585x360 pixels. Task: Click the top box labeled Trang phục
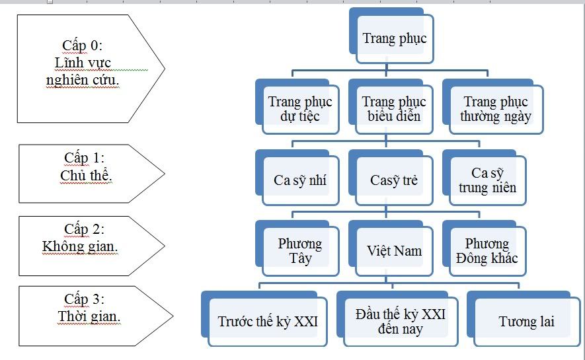[x=395, y=38]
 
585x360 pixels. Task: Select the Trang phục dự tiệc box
[x=300, y=109]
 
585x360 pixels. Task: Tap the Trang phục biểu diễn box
[x=394, y=109]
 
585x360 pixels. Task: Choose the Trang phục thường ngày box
[x=495, y=109]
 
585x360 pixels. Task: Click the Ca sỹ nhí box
[x=300, y=180]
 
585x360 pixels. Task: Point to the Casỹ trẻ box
[x=394, y=180]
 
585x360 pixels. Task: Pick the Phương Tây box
[x=300, y=250]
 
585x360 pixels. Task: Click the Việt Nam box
[x=394, y=251]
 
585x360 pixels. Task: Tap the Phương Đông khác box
[x=487, y=250]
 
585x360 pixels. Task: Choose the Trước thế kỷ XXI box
[x=268, y=322]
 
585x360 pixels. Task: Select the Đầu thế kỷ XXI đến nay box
[x=400, y=321]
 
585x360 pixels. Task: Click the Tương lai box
[x=526, y=322]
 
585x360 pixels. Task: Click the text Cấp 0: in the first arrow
[x=83, y=45]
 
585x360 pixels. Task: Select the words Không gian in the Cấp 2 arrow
[x=85, y=246]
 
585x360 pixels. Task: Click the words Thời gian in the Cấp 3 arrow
[x=89, y=316]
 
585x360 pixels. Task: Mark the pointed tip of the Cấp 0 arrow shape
[x=163, y=68]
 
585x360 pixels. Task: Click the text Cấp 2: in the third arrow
[x=84, y=229]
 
